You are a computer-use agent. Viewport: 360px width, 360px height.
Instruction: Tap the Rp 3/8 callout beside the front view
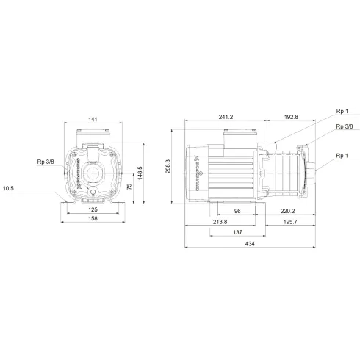click(46, 161)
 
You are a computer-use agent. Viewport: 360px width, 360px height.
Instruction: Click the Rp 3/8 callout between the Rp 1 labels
click(344, 126)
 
